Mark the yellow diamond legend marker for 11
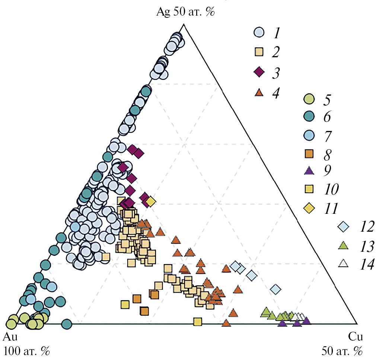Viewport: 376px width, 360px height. coord(309,208)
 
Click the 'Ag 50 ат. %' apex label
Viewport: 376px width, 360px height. coord(185,12)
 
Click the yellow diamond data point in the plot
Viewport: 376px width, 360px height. coord(150,202)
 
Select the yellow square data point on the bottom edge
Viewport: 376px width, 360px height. coord(197,321)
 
